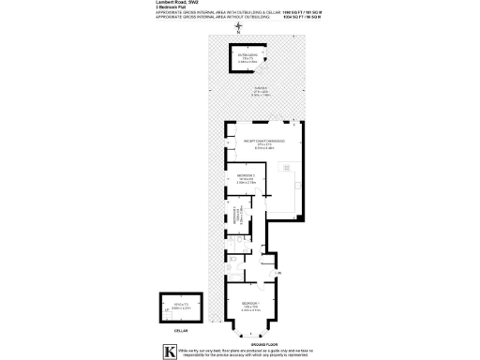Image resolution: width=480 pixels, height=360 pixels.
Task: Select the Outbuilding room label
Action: click(x=248, y=56)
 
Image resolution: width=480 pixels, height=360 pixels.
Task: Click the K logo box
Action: click(x=169, y=351)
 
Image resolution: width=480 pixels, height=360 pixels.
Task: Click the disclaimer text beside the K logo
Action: click(x=254, y=351)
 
